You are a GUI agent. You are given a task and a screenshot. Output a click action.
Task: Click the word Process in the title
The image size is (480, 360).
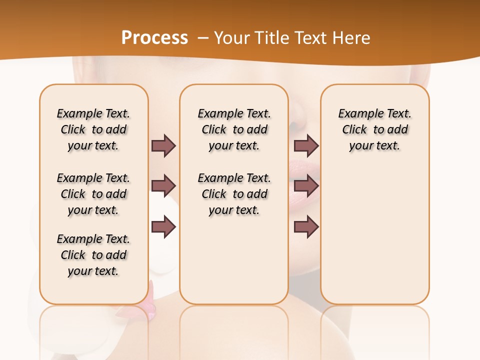pyautogui.click(x=154, y=38)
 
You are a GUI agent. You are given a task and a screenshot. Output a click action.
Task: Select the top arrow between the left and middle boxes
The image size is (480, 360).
pyautogui.click(x=163, y=145)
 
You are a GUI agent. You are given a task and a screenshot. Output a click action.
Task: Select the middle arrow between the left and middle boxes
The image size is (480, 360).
pyautogui.click(x=163, y=186)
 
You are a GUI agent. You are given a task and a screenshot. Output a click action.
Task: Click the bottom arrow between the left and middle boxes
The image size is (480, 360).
pyautogui.click(x=163, y=227)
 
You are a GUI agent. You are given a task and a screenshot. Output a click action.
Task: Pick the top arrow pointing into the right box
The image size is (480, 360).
pyautogui.click(x=306, y=145)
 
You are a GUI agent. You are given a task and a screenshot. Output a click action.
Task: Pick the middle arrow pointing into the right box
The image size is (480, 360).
pyautogui.click(x=306, y=186)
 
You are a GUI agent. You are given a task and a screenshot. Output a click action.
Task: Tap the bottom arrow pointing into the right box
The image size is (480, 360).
pyautogui.click(x=306, y=227)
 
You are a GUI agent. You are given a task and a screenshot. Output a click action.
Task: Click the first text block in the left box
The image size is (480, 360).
pyautogui.click(x=93, y=129)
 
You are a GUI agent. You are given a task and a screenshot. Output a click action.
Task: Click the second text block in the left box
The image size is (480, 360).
pyautogui.click(x=93, y=194)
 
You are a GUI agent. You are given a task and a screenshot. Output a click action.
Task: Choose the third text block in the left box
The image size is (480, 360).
pyautogui.click(x=93, y=255)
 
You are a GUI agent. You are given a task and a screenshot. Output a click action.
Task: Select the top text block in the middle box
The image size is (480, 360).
pyautogui.click(x=234, y=129)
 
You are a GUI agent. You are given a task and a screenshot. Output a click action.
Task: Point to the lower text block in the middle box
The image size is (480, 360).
pyautogui.click(x=234, y=194)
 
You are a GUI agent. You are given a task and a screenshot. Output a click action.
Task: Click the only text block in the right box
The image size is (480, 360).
pyautogui.click(x=374, y=129)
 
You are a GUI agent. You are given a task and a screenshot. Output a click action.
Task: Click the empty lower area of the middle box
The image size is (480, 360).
pyautogui.click(x=234, y=260)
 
